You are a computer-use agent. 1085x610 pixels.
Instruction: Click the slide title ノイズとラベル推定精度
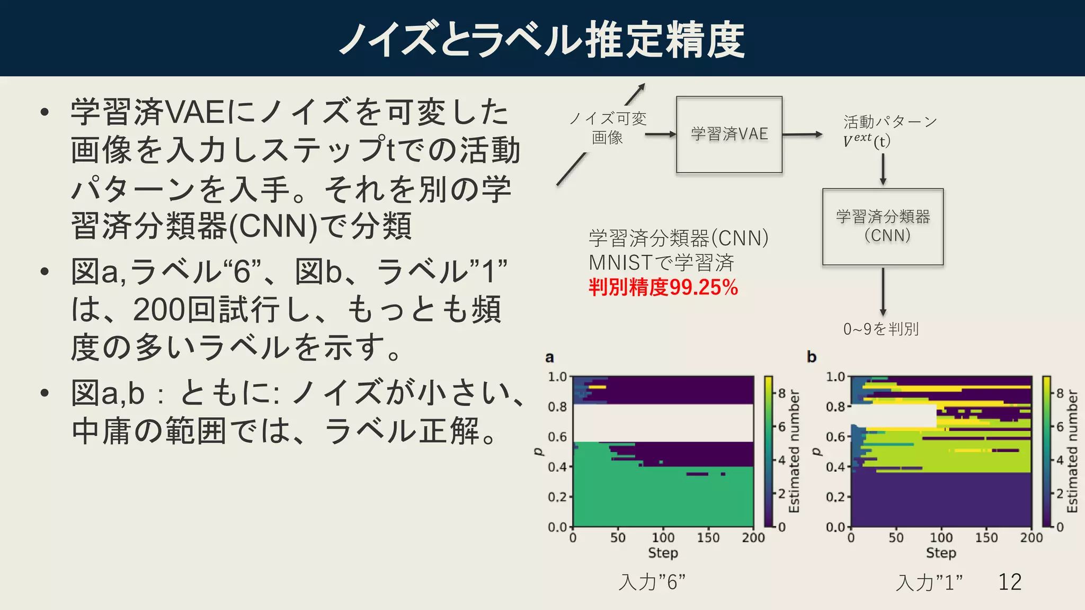click(542, 39)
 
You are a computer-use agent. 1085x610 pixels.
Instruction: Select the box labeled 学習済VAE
click(729, 134)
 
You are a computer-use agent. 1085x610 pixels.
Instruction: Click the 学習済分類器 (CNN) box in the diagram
click(883, 227)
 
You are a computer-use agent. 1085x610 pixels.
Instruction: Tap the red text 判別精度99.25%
click(663, 288)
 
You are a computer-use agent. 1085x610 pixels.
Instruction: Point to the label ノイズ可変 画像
click(608, 128)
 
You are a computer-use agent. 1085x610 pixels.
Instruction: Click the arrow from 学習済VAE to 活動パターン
click(802, 134)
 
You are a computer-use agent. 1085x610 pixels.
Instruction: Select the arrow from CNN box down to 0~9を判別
click(883, 291)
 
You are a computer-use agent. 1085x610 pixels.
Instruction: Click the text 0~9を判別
click(881, 329)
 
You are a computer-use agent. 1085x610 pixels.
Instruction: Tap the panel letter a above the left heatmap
click(549, 357)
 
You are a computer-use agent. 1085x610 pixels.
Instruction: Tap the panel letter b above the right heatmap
click(811, 357)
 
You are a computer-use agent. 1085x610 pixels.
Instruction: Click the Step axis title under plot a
click(663, 553)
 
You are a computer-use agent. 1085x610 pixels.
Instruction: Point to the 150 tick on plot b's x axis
click(986, 538)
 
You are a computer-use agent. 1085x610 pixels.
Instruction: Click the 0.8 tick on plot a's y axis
click(557, 407)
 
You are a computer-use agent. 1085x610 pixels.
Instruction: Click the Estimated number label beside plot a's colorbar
click(794, 451)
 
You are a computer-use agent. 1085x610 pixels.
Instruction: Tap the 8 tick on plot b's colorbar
click(1060, 393)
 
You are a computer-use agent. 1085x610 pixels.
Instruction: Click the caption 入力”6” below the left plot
click(652, 582)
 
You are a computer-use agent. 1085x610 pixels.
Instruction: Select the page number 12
click(1010, 582)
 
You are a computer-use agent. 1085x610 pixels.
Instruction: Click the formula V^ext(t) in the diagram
click(866, 141)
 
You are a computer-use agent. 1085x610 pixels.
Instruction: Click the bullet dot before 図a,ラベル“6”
click(45, 272)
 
